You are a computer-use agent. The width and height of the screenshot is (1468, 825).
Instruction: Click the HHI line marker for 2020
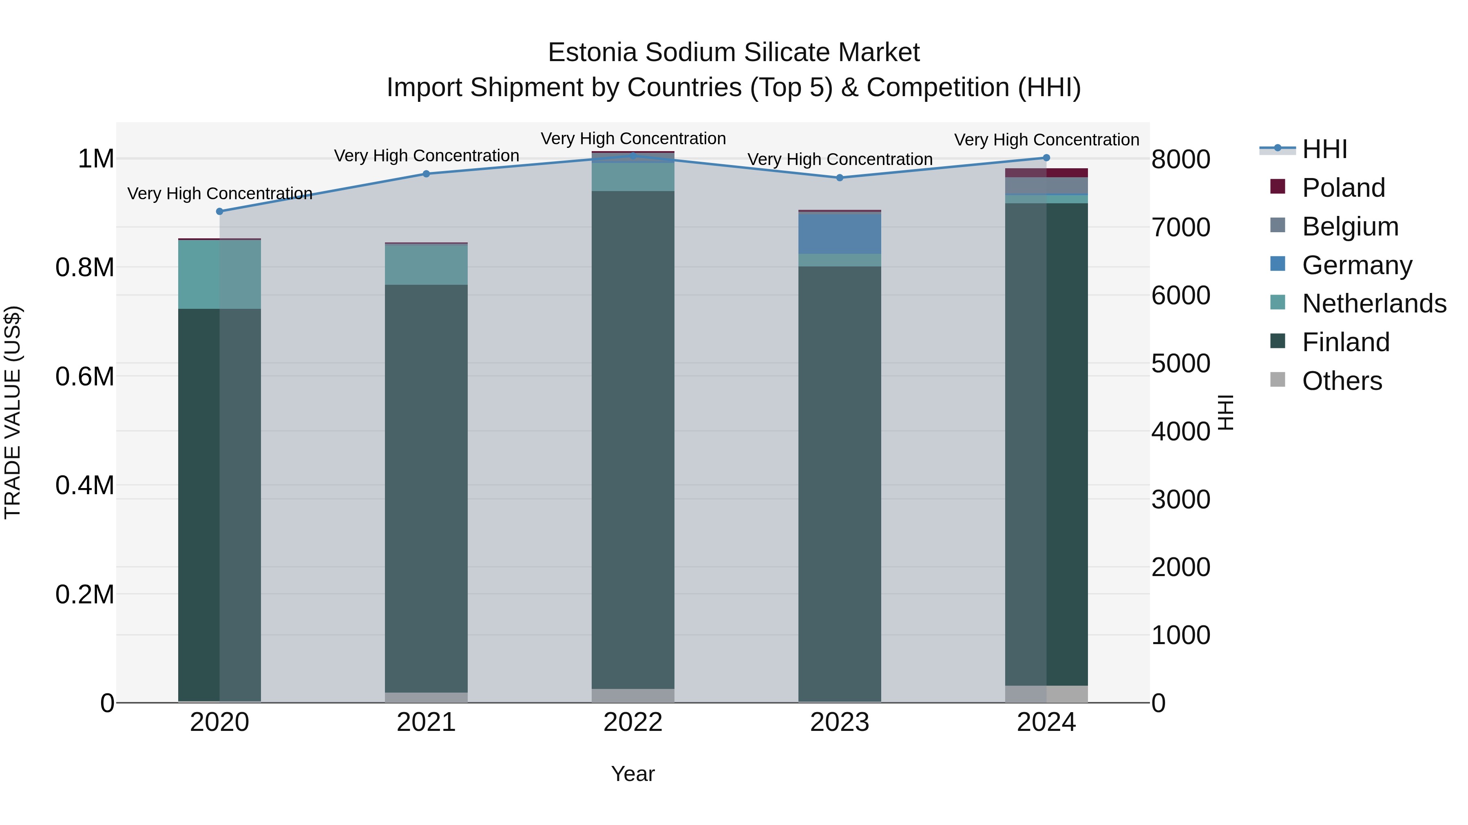pyautogui.click(x=219, y=211)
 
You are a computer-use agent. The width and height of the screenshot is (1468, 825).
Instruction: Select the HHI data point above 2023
pyautogui.click(x=840, y=178)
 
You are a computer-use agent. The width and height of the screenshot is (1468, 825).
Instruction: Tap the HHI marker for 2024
pyautogui.click(x=1046, y=158)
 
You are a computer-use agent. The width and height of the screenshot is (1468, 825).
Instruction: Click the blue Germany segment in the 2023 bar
pyautogui.click(x=840, y=233)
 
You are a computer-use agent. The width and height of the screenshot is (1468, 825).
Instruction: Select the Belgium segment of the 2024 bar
pyautogui.click(x=1046, y=186)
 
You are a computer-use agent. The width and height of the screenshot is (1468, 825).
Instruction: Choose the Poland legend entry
pyautogui.click(x=1343, y=188)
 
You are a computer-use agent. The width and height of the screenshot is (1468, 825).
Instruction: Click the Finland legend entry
pyautogui.click(x=1346, y=342)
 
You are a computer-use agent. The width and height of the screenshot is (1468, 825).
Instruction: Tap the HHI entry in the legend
pyautogui.click(x=1324, y=149)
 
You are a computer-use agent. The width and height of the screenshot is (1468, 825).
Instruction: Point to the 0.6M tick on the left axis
pyautogui.click(x=85, y=376)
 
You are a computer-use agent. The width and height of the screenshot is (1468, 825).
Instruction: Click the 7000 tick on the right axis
pyautogui.click(x=1180, y=227)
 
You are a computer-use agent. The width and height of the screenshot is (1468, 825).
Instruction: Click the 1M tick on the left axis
pyautogui.click(x=96, y=158)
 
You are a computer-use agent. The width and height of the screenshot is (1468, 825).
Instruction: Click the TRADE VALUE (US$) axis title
pyautogui.click(x=13, y=412)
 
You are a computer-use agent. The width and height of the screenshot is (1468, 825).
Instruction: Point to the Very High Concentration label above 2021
pyautogui.click(x=426, y=156)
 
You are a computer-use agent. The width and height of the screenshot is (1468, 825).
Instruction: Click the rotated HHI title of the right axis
pyautogui.click(x=1225, y=412)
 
